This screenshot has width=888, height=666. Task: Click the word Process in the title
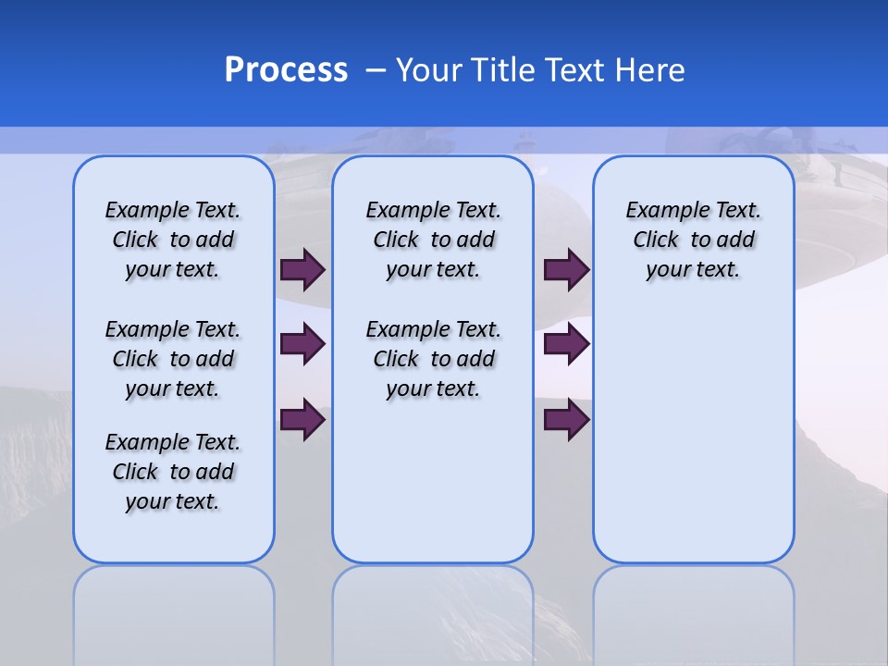(286, 69)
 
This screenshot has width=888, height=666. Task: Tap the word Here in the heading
(651, 69)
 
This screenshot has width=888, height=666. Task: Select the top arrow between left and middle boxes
(302, 269)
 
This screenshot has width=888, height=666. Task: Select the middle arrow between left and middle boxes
(302, 344)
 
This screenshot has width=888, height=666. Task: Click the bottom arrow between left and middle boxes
(302, 419)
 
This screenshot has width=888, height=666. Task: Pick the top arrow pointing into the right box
(566, 269)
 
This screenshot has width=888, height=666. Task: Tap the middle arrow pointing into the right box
(566, 344)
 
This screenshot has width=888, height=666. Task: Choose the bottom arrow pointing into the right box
(566, 419)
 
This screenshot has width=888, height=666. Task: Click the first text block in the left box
(173, 240)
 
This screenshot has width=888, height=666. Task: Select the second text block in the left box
(173, 359)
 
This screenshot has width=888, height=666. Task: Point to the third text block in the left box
(173, 472)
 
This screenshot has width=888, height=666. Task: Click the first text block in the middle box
(433, 240)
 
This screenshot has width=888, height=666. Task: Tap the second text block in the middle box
(433, 359)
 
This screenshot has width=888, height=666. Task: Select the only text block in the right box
(693, 240)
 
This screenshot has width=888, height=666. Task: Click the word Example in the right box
(660, 211)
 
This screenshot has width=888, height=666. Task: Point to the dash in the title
(376, 69)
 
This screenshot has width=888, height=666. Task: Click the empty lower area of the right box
(693, 444)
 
